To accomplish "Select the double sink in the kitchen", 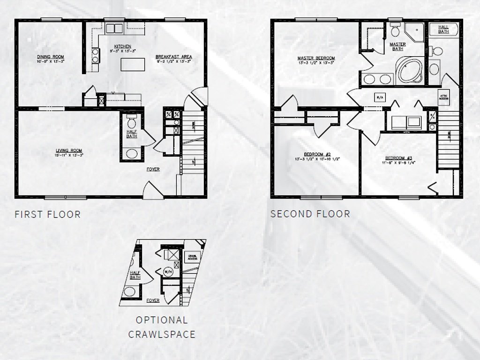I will [x=113, y=28].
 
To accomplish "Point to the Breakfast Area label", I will [x=173, y=57].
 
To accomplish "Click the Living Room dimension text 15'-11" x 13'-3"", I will [x=69, y=155].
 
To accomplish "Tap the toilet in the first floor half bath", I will [x=132, y=123].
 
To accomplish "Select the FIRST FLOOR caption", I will [x=47, y=215].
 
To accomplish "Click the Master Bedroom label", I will [x=316, y=59].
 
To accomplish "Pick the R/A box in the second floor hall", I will [x=379, y=97].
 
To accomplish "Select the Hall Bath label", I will [x=443, y=29].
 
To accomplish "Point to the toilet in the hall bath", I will [x=437, y=51].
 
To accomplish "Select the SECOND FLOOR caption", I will [x=310, y=214].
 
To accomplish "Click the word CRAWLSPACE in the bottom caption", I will [x=162, y=334].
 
